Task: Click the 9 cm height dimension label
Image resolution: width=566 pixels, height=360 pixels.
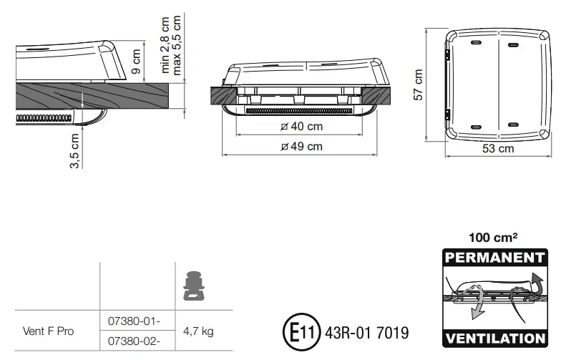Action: point(137,62)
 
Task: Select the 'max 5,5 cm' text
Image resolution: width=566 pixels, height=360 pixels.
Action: point(177,44)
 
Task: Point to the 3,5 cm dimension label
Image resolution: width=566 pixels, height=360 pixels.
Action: point(74,150)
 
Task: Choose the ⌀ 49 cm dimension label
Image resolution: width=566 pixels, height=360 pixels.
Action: point(302,147)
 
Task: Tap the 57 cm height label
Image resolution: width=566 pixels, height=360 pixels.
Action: point(419,84)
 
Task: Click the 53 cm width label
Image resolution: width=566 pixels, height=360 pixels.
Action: point(498,149)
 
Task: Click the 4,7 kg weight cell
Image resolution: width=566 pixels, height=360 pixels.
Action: point(199,331)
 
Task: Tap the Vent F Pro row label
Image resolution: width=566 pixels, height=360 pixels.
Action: point(48,331)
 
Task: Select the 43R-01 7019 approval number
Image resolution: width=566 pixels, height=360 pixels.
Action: point(366,334)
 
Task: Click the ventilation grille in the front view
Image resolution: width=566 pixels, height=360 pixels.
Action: point(301,112)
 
